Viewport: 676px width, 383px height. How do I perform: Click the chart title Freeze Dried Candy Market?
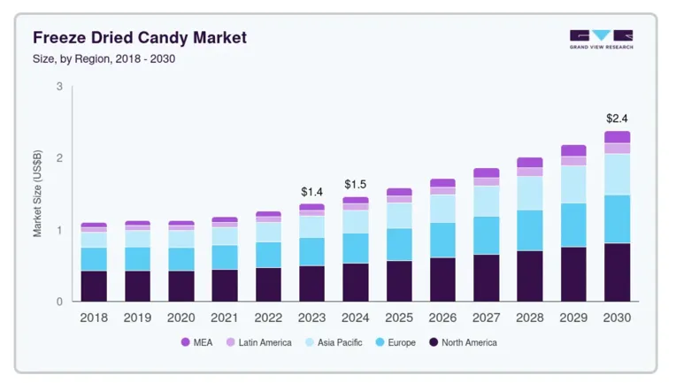click(140, 38)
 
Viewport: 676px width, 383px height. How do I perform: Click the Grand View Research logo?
click(601, 39)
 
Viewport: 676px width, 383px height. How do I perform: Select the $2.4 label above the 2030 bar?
click(617, 118)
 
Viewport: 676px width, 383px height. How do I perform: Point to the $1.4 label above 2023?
click(311, 191)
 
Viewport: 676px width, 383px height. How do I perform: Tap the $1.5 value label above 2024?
click(355, 184)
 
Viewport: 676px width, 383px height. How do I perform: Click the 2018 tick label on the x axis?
click(94, 318)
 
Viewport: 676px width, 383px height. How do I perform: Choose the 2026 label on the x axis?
click(442, 318)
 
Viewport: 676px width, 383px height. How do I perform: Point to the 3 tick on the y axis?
click(59, 87)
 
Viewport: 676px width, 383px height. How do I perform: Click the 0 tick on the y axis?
click(59, 302)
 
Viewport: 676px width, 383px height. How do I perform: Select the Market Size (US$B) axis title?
click(38, 194)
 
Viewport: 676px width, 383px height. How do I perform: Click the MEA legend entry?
click(196, 342)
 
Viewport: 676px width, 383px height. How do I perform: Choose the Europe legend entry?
click(395, 342)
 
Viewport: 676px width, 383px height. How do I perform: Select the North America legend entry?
click(462, 342)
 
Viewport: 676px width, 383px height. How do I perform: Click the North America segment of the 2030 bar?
click(617, 272)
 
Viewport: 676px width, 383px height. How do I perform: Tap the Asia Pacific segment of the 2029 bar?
click(573, 184)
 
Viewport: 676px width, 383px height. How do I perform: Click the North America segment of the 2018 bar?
click(94, 286)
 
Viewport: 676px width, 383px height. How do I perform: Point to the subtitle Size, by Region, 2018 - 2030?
click(104, 59)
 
